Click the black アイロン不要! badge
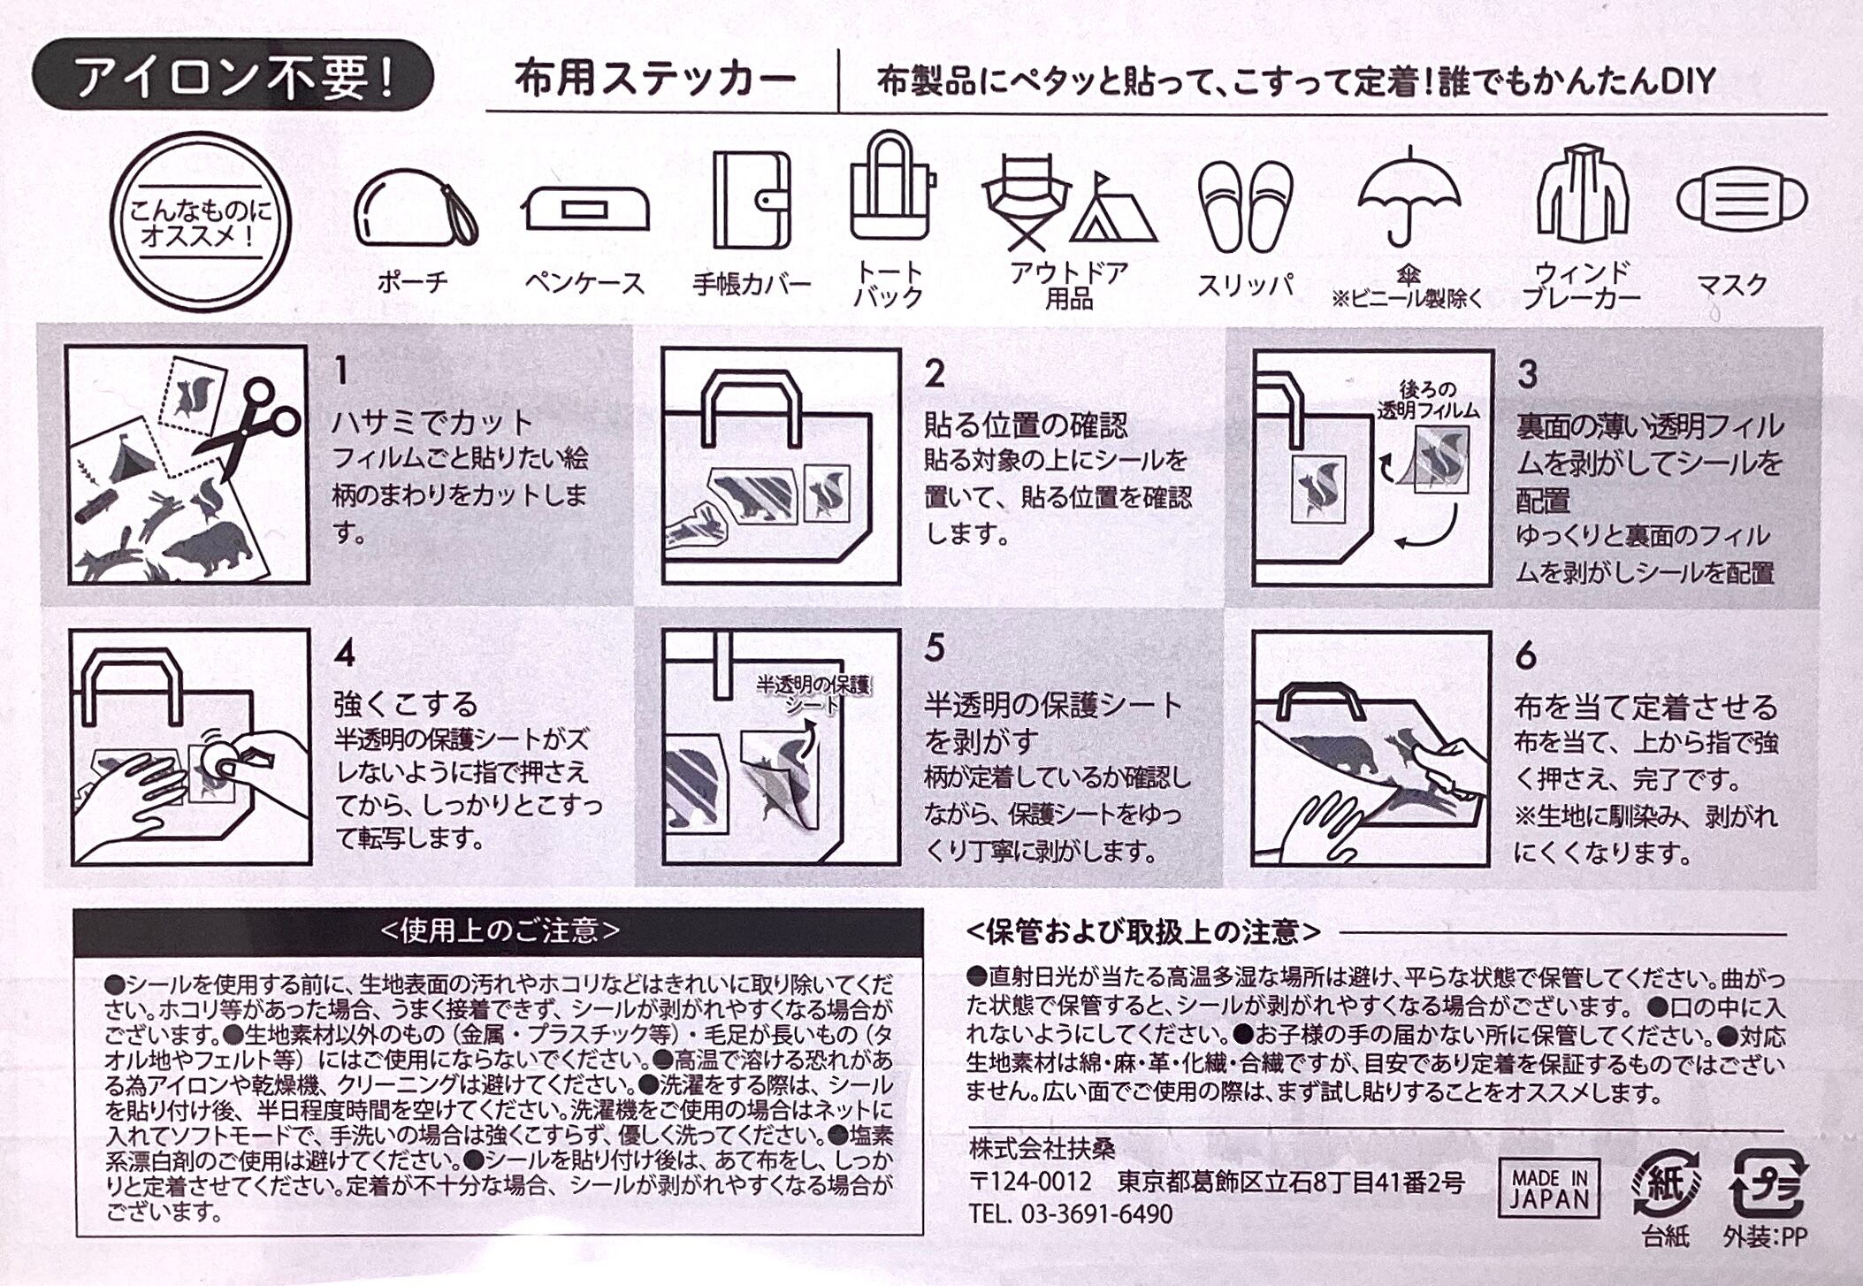pos(233,76)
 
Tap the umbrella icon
pos(1408,196)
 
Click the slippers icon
pos(1245,207)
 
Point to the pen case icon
pos(585,210)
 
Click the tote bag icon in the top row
pos(890,187)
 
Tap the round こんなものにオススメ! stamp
pos(202,221)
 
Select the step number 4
pos(345,655)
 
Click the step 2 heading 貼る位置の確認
pos(1027,425)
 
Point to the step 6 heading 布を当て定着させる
pos(1645,707)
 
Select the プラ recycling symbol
pos(1767,1183)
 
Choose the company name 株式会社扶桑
pos(1042,1149)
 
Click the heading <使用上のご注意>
pos(500,931)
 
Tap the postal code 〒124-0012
pos(1030,1182)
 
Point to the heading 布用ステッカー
pos(656,80)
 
